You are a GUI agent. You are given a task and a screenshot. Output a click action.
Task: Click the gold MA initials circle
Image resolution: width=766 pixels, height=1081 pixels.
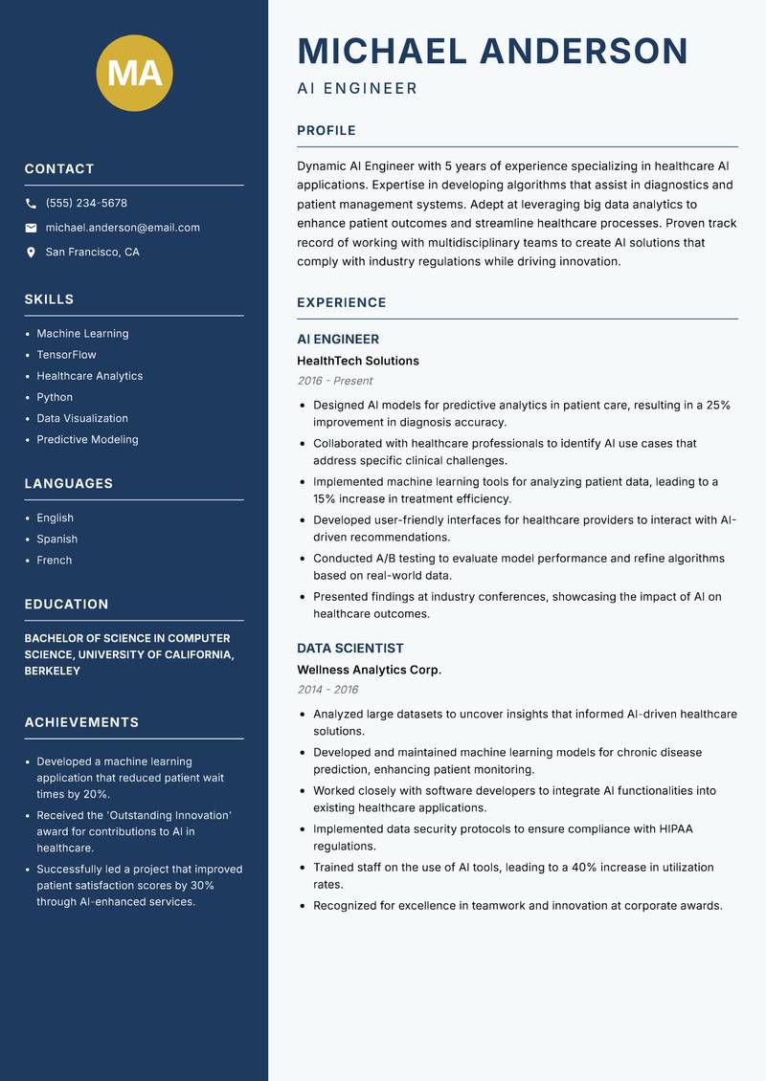tap(135, 73)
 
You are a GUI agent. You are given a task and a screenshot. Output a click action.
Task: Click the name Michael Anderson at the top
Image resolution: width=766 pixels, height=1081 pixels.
tap(492, 51)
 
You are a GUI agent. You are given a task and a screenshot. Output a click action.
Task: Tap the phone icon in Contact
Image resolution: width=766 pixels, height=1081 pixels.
tap(32, 204)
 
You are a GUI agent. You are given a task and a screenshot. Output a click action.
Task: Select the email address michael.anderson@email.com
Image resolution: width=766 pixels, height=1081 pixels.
tap(123, 228)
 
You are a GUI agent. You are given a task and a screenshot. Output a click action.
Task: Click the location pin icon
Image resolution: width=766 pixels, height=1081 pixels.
tap(32, 253)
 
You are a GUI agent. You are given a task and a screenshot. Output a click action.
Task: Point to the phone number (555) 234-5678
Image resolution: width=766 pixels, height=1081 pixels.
tap(86, 203)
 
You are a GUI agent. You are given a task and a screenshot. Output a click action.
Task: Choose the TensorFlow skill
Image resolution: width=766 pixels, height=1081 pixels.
tap(66, 355)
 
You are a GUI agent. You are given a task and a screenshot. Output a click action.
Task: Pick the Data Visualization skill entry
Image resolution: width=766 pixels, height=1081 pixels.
tap(82, 418)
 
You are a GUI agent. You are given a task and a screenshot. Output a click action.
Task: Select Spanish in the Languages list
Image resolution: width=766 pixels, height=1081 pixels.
tap(56, 539)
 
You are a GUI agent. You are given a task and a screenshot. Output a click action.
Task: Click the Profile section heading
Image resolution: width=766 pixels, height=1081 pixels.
tap(326, 130)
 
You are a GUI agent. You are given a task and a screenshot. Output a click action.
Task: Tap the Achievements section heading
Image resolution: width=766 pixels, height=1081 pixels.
tap(81, 722)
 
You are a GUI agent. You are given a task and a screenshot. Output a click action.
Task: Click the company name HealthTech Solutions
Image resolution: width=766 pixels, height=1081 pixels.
tap(358, 361)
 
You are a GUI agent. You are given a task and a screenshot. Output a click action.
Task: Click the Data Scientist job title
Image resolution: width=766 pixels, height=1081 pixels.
tap(350, 648)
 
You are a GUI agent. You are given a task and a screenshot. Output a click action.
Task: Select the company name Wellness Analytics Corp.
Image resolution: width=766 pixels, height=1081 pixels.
tap(369, 670)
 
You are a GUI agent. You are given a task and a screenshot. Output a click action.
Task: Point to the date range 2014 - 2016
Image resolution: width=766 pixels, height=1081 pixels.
tap(327, 690)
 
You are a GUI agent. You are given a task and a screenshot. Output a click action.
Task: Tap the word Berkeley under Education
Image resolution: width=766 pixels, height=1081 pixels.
tap(53, 671)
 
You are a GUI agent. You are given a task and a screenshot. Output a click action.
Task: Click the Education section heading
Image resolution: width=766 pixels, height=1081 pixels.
tap(66, 604)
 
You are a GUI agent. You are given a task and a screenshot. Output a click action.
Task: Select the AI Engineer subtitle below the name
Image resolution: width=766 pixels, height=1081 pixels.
tap(357, 89)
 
